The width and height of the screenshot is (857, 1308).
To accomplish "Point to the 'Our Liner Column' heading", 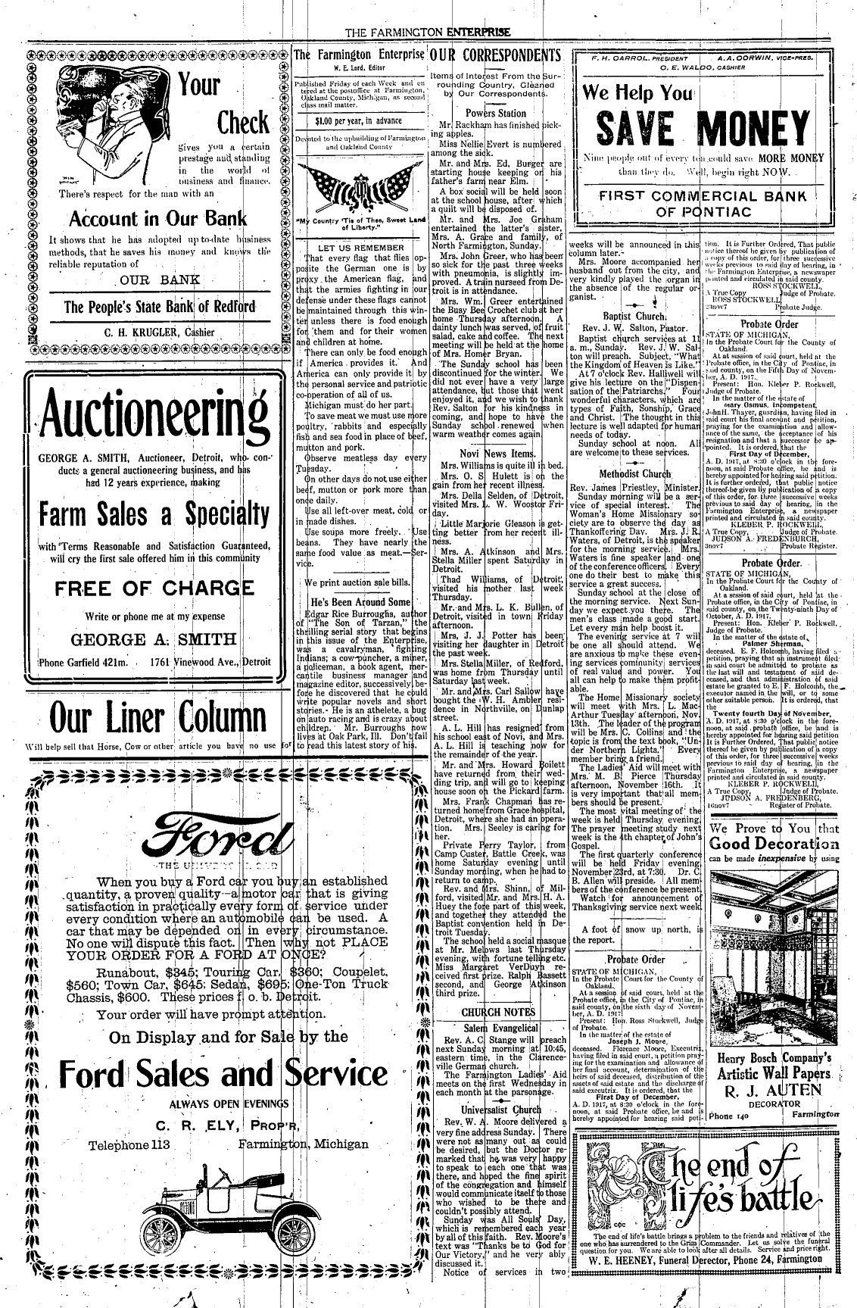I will (145, 714).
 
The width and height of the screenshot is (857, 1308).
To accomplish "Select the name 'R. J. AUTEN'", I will (766, 1091).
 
